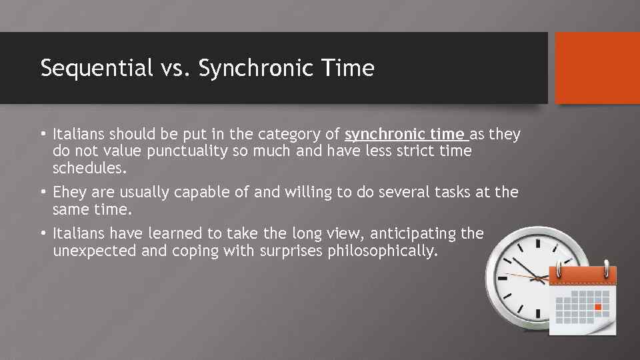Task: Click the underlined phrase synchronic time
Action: pyautogui.click(x=407, y=135)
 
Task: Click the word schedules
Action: pyautogui.click(x=89, y=168)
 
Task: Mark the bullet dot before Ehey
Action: pyautogui.click(x=43, y=193)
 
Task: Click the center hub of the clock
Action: pyautogui.click(x=539, y=276)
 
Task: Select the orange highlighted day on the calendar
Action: pyautogui.click(x=597, y=307)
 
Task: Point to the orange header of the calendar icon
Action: pyautogui.click(x=582, y=275)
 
